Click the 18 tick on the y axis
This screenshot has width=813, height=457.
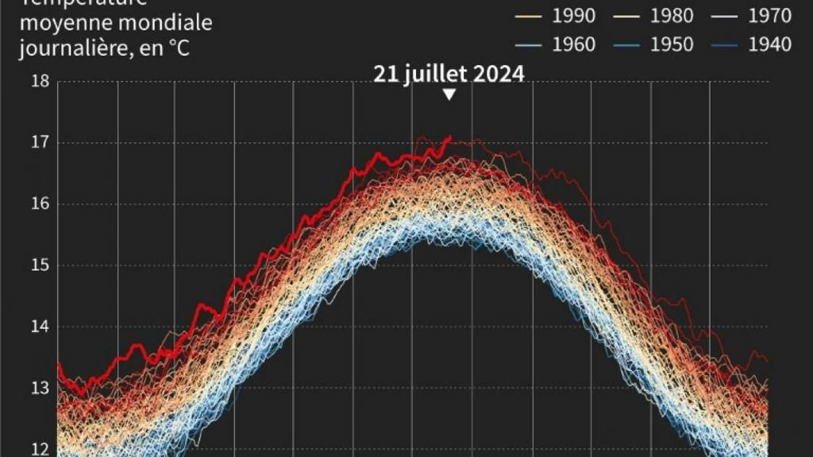tap(40, 81)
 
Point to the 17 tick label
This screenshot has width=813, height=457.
tap(40, 143)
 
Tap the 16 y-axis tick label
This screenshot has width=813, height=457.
tap(40, 204)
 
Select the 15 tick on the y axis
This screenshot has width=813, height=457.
tap(40, 265)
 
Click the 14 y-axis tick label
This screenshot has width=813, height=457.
tap(40, 327)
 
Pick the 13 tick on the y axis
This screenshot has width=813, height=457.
tap(40, 388)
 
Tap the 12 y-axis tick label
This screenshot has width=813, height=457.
tap(40, 449)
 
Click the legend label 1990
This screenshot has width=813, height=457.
tap(572, 15)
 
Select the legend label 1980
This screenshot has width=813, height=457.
tap(672, 15)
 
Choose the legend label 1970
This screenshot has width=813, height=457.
tap(770, 15)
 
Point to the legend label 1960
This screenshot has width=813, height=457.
tap(572, 45)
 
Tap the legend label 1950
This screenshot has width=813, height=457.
tap(672, 45)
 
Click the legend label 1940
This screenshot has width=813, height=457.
tap(770, 45)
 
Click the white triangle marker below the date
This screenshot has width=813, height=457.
tap(449, 95)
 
